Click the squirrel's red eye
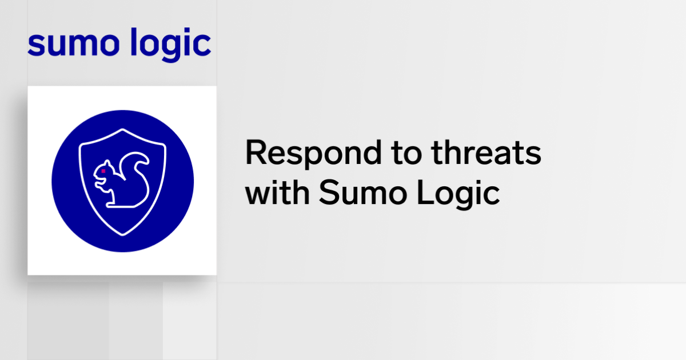coord(103,171)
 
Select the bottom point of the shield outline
coord(122,234)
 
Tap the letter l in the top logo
coord(133,42)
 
